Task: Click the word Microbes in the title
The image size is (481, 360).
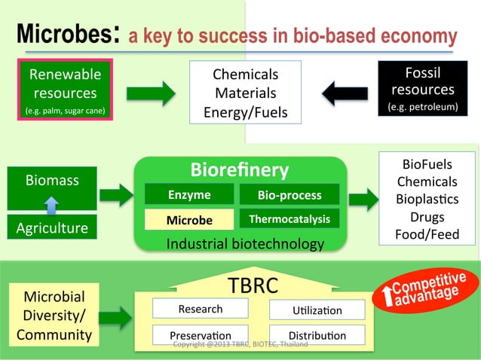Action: point(64,35)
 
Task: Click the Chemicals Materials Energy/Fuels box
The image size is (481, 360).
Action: point(245,93)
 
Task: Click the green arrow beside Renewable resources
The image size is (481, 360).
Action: point(150,93)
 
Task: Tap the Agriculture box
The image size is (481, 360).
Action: point(51,227)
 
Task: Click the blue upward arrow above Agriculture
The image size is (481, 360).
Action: point(51,204)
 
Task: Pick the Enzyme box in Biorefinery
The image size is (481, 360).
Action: point(189,195)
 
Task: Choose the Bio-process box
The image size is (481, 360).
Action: point(289,195)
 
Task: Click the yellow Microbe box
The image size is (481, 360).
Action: point(189,220)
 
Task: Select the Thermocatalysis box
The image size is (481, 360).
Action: point(289,219)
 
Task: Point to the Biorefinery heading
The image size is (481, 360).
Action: point(239,169)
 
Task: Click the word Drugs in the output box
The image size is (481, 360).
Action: point(427,217)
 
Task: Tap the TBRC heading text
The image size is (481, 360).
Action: point(253,285)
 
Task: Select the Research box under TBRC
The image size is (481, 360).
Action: point(200,309)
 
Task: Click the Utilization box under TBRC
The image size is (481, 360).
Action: point(317,310)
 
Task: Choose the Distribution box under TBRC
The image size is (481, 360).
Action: point(317,335)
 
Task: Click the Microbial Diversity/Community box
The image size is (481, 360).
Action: point(51,315)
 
